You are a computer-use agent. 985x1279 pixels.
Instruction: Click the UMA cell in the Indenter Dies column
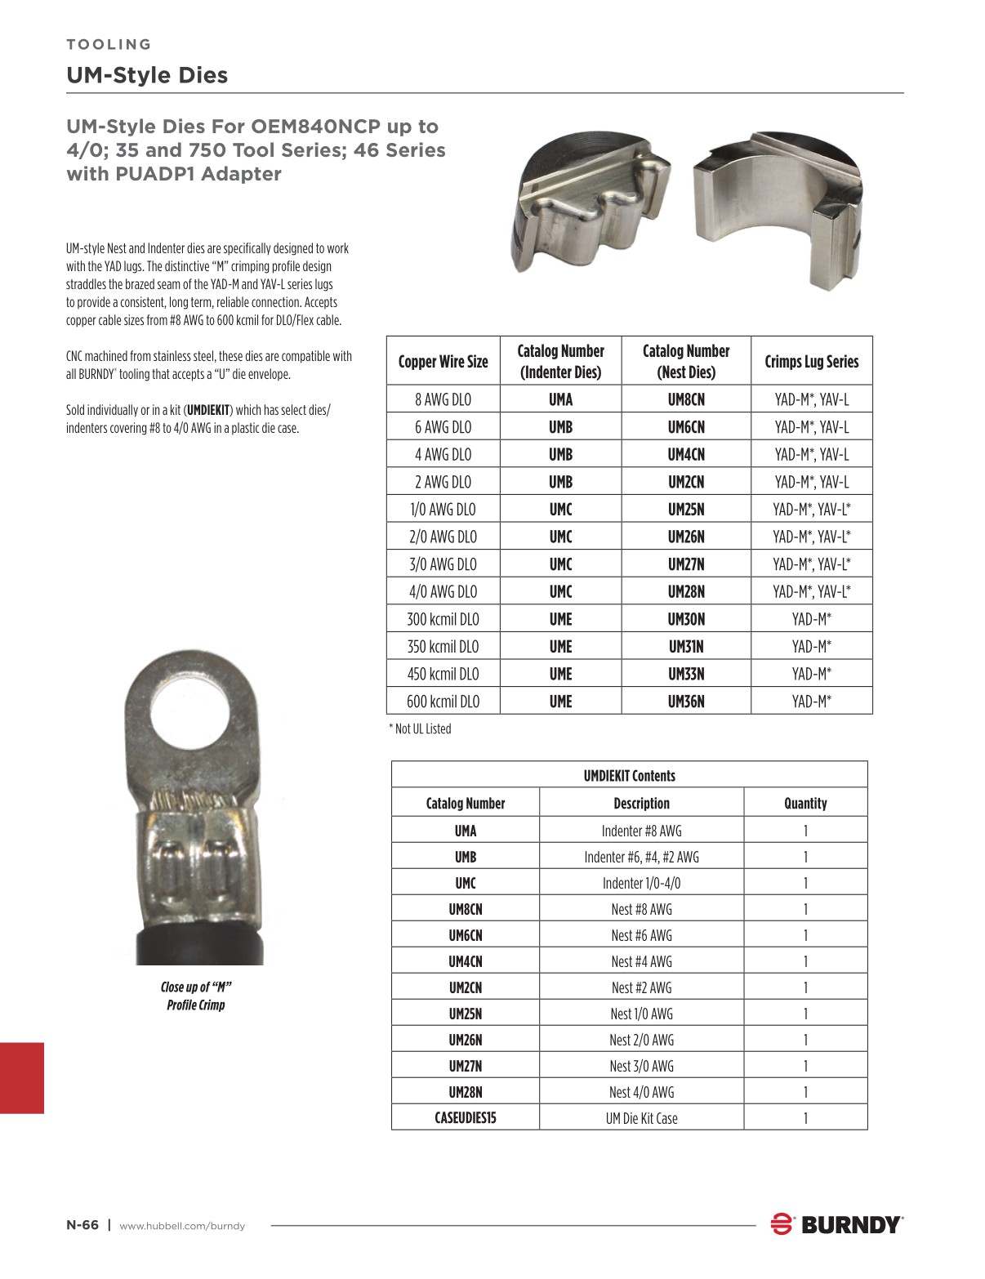(560, 399)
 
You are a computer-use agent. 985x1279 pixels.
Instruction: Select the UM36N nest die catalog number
(685, 702)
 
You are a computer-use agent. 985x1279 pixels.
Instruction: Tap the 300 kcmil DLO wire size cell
(443, 619)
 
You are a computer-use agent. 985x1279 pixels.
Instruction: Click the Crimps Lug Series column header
(811, 362)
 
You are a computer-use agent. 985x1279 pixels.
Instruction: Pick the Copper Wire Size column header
(443, 362)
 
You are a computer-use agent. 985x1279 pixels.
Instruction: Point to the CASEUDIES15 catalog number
(465, 1118)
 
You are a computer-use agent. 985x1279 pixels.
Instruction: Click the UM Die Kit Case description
(641, 1118)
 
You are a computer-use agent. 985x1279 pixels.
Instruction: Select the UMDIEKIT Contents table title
(629, 776)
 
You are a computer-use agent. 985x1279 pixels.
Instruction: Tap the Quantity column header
(804, 803)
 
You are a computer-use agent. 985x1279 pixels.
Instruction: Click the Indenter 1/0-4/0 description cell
(641, 883)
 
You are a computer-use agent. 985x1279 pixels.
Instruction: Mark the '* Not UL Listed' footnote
(420, 729)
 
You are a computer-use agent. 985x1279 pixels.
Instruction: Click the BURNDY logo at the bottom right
(836, 1224)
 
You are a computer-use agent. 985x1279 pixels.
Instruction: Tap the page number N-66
(82, 1224)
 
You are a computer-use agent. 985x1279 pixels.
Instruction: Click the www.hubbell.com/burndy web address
(182, 1225)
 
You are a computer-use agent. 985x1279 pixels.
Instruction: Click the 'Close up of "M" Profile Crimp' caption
(195, 996)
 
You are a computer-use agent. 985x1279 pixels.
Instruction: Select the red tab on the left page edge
(21, 1077)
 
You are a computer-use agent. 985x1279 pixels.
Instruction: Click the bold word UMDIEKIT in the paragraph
(208, 410)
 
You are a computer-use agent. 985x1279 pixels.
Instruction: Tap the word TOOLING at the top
(109, 44)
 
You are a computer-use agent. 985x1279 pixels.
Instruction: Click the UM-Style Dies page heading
(147, 75)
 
